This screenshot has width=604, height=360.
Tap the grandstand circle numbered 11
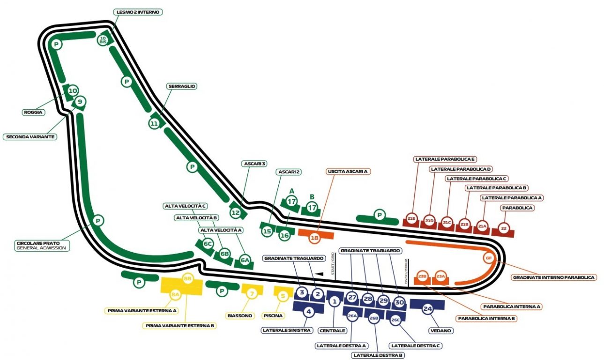[155, 123]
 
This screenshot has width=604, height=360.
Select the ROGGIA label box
[33, 112]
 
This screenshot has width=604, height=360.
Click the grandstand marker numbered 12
[235, 213]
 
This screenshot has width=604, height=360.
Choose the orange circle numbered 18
[314, 238]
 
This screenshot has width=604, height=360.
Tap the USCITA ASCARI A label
[348, 172]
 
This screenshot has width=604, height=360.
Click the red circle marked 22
[504, 229]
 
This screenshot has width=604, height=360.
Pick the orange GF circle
[488, 258]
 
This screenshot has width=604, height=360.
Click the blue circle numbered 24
[427, 309]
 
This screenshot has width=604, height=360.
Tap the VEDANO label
[440, 330]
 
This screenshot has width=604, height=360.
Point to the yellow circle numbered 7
[252, 294]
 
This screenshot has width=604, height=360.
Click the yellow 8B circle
[188, 278]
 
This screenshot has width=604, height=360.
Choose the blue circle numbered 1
[334, 301]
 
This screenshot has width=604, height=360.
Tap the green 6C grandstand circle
[208, 244]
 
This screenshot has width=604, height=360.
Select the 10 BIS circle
[103, 39]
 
